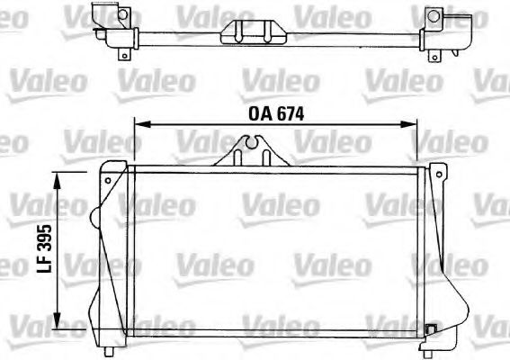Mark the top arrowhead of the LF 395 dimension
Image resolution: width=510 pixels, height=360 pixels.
click(x=58, y=180)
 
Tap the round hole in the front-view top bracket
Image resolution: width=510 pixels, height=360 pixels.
click(x=255, y=139)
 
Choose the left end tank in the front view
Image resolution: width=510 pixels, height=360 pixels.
click(x=110, y=252)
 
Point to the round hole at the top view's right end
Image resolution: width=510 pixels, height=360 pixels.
click(x=434, y=16)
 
